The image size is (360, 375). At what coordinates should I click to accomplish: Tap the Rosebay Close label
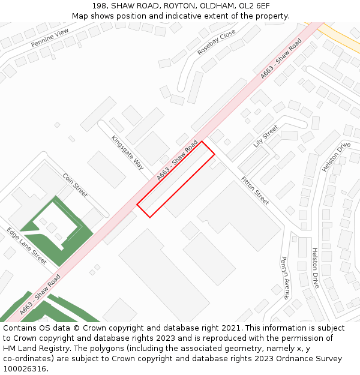217,43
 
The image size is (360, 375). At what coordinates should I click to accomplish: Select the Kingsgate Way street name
128,152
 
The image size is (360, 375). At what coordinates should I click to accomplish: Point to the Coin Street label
75,185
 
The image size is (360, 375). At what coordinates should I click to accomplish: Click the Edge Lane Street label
27,245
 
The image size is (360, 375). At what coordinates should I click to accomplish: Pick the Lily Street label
266,136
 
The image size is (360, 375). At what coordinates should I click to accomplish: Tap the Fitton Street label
255,190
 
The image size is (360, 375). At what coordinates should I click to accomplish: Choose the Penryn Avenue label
285,278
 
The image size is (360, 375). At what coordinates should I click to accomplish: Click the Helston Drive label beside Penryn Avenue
316,268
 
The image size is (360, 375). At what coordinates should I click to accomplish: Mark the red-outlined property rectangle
176,179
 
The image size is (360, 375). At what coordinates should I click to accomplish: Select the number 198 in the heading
100,5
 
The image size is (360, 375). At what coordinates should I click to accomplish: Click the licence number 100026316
24,368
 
